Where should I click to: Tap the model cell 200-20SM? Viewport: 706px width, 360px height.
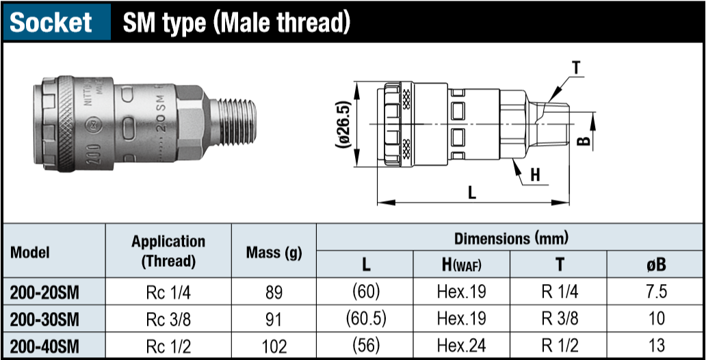[44, 293]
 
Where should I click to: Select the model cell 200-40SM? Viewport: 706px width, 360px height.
[44, 346]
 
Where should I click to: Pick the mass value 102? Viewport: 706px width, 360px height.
[274, 346]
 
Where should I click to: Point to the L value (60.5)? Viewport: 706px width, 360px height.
[366, 319]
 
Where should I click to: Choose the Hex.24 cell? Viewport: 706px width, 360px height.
[462, 346]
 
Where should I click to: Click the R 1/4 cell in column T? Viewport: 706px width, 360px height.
[560, 293]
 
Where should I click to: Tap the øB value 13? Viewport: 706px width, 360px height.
[657, 346]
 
